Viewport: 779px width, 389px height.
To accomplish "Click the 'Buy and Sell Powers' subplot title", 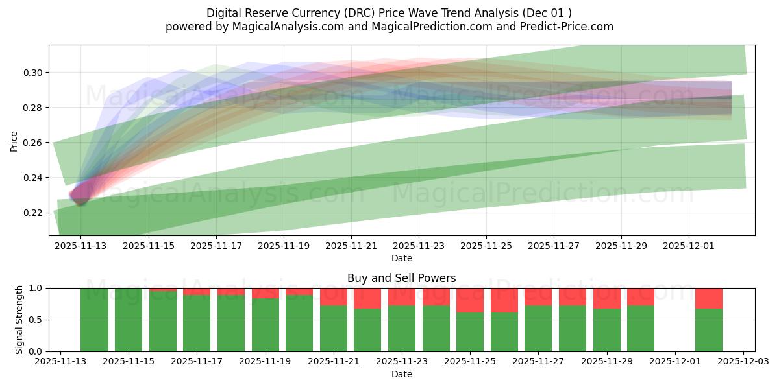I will click(401, 278).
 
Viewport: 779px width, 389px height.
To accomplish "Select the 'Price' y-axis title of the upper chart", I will click(14, 140).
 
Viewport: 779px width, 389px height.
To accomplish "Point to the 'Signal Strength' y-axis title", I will click(19, 320).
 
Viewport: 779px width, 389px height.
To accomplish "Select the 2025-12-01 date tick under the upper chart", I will click(689, 246).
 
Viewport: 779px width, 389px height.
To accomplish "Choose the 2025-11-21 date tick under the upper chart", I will click(351, 246).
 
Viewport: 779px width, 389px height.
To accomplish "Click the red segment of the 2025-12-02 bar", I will click(708, 298).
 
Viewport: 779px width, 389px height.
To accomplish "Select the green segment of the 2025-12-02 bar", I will click(708, 330).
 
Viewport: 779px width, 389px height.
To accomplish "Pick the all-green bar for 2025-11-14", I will click(94, 320).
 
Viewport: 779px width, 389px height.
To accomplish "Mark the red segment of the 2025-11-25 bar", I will click(470, 300).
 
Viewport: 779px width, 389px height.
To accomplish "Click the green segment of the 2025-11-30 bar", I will click(641, 329).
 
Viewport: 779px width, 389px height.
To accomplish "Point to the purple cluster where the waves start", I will click(80, 193).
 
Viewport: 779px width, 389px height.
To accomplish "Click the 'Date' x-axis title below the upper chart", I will click(401, 258).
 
